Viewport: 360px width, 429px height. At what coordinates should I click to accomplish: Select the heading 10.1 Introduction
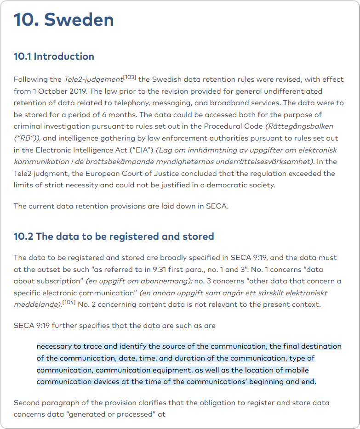[x=54, y=56]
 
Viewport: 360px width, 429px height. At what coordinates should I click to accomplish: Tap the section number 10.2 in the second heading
[x=23, y=237]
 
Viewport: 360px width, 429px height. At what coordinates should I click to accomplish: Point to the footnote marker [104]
[x=69, y=302]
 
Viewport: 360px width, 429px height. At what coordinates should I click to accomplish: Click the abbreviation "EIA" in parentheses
[x=143, y=150]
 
